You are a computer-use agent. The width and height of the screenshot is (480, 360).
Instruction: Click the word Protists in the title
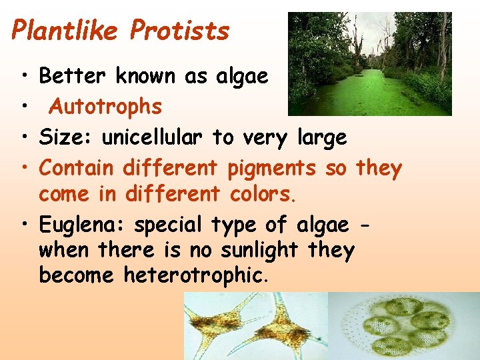pyautogui.click(x=180, y=31)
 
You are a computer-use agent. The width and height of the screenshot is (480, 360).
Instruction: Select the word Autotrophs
pyautogui.click(x=106, y=107)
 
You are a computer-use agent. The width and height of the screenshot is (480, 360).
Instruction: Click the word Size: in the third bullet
pyautogui.click(x=67, y=137)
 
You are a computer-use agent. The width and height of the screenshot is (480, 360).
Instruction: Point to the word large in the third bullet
pyautogui.click(x=323, y=138)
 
